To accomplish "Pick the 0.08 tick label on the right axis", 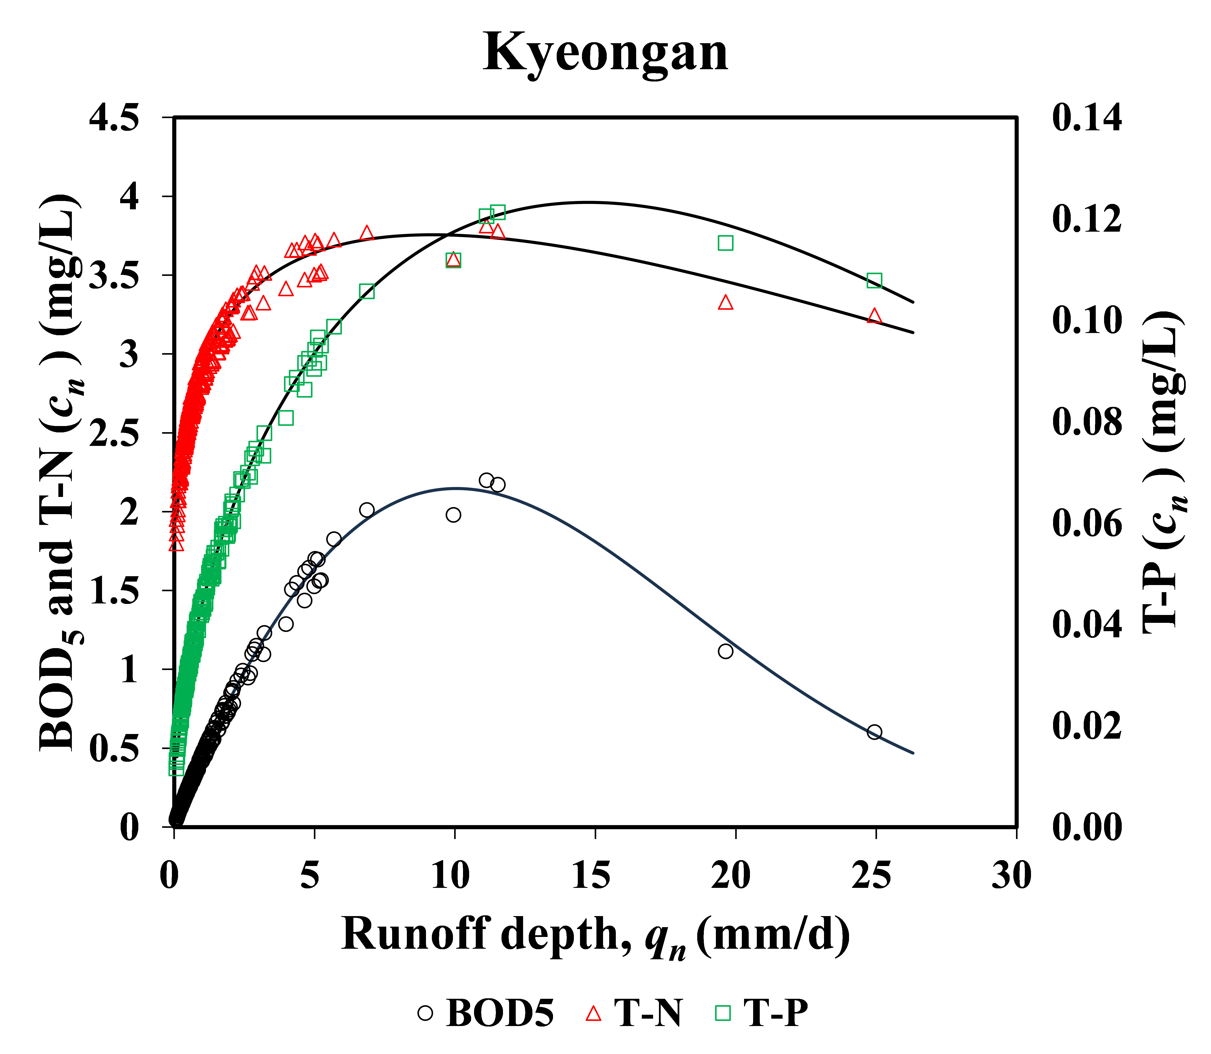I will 1086,421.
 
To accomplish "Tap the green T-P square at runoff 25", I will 874,280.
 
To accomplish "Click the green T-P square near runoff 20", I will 725,243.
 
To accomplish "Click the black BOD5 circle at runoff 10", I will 453,515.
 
